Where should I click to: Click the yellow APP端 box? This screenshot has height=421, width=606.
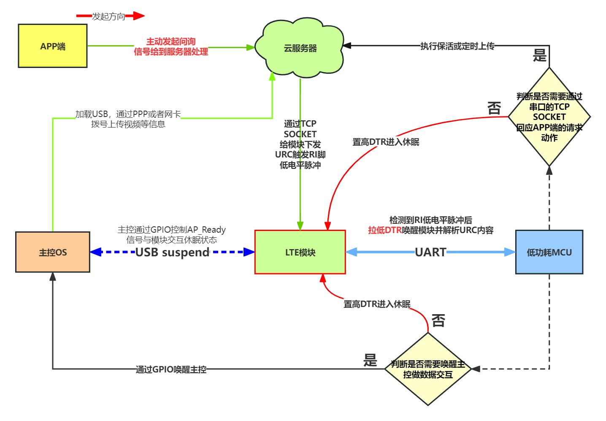tap(53, 46)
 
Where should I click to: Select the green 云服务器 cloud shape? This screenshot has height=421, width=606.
tap(300, 48)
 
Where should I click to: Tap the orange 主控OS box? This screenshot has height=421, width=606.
tap(53, 252)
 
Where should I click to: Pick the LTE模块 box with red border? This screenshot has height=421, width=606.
tap(300, 252)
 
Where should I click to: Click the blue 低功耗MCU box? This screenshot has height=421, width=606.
tap(549, 252)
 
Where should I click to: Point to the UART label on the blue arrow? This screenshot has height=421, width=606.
tap(430, 252)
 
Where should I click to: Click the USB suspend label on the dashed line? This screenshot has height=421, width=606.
tap(172, 252)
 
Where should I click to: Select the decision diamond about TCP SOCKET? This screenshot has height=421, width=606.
tap(549, 117)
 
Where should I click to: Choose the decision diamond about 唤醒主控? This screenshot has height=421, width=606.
tap(428, 369)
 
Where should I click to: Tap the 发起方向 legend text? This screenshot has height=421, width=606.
tap(109, 16)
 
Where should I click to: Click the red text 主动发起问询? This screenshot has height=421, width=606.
tap(171, 41)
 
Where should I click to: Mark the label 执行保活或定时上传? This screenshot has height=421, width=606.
tap(457, 46)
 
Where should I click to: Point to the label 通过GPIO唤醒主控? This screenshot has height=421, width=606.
tap(171, 369)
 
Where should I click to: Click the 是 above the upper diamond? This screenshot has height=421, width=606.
tap(540, 55)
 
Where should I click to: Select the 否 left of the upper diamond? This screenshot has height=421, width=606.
tap(494, 108)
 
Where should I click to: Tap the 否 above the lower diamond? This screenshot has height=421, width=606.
tap(438, 321)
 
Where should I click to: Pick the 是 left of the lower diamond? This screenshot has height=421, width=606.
tap(370, 360)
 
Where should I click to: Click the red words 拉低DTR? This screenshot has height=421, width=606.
tap(384, 230)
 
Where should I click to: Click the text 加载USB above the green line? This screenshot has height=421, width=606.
tap(92, 114)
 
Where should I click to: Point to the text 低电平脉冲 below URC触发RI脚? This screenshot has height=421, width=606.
tap(300, 165)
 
